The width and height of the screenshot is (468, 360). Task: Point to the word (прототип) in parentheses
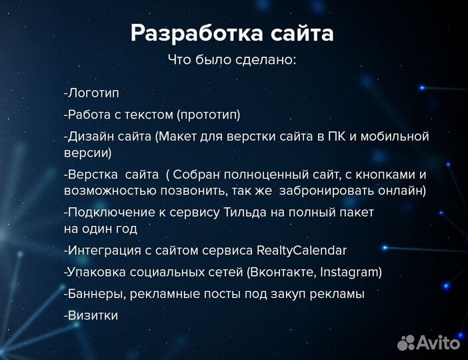tap(208, 115)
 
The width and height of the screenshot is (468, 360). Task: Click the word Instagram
tap(351, 272)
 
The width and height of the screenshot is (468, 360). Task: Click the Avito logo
tap(429, 343)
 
